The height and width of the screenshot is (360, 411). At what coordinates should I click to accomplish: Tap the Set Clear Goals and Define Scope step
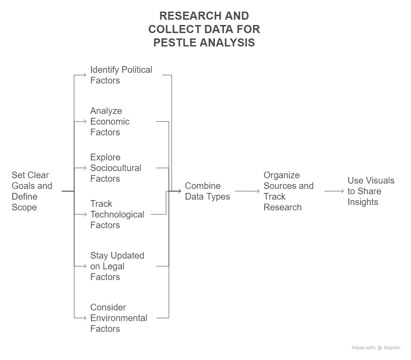point(32,191)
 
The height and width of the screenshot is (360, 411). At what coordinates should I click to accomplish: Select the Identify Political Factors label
point(121,75)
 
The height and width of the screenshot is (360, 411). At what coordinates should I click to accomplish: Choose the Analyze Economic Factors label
point(110,121)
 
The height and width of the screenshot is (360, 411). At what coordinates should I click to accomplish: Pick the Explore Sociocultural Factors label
point(116,167)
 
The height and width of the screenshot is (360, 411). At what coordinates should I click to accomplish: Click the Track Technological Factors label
point(117,214)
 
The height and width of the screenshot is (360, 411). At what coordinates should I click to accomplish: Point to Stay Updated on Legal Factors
point(117,266)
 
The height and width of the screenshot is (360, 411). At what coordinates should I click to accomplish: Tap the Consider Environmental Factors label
point(119,318)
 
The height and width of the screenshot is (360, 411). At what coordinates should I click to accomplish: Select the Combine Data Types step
point(207,191)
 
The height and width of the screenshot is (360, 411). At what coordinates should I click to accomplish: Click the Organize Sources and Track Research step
point(288,191)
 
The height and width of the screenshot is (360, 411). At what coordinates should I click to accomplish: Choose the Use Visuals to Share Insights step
point(371,191)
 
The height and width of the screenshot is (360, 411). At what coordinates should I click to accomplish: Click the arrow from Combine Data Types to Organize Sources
point(247,191)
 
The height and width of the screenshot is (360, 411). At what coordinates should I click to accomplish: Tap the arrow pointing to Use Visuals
point(334,191)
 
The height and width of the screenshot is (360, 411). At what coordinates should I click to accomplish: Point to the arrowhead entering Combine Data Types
point(179,191)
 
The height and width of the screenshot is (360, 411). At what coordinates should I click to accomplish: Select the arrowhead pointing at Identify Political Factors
point(84,75)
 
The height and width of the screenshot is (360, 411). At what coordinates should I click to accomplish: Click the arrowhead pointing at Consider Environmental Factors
point(84,318)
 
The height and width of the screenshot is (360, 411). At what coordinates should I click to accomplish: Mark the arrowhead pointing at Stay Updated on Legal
point(84,266)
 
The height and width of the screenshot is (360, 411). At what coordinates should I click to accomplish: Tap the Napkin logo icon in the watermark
point(380,347)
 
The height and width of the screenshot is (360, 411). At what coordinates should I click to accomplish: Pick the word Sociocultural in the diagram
point(116,167)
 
